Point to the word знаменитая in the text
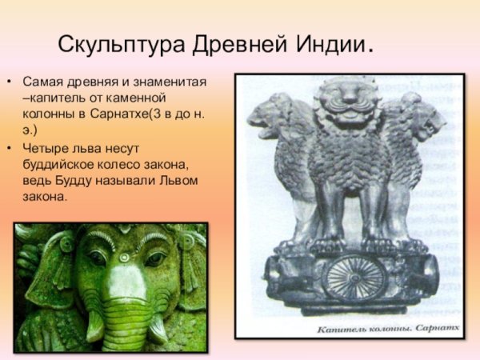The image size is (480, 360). pyautogui.click(x=169, y=82)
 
